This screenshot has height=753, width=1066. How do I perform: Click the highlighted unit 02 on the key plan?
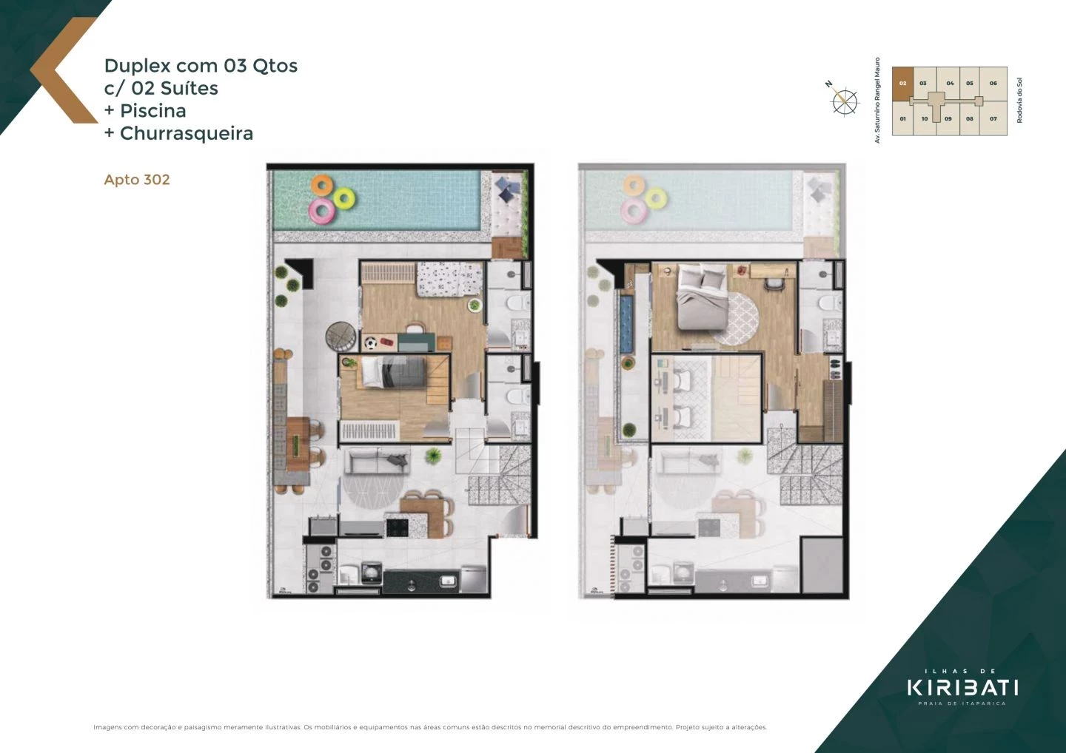[x=902, y=84]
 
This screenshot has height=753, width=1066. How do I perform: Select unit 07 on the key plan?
[x=993, y=118]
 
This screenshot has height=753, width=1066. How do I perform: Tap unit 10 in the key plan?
[x=925, y=118]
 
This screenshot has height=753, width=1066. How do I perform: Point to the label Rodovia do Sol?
[x=1019, y=101]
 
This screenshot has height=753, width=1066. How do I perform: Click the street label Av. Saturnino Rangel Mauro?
[x=878, y=101]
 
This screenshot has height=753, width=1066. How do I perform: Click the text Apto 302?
[x=137, y=180]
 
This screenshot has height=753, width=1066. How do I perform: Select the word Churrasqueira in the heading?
[x=187, y=133]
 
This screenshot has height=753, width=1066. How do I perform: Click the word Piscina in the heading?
[x=153, y=111]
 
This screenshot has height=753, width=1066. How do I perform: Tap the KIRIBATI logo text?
[x=962, y=687]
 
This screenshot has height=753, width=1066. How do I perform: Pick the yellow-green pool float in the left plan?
[x=344, y=197]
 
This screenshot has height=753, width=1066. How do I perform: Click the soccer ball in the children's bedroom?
[x=370, y=343]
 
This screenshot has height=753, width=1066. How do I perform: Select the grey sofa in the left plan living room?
[x=378, y=462]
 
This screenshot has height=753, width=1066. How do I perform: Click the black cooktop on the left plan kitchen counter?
[x=397, y=527]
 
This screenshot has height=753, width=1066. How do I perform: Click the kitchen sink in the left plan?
[x=449, y=581]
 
